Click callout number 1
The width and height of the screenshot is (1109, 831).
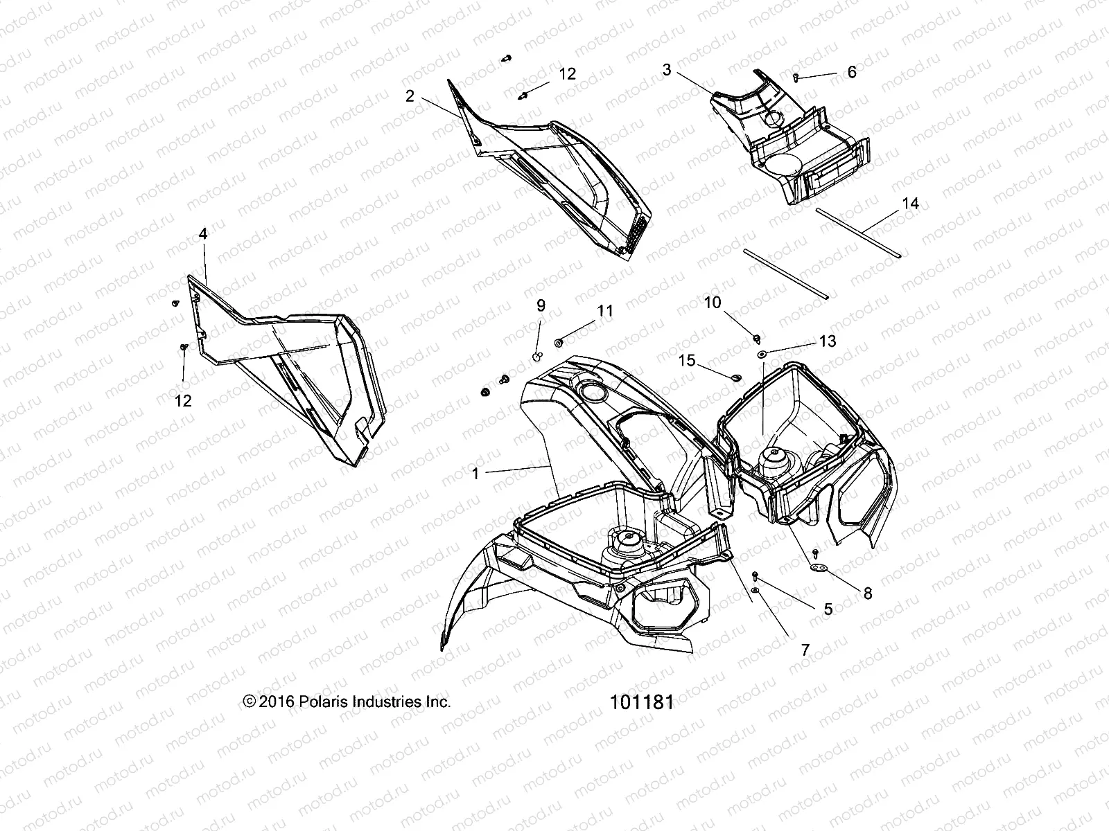pyautogui.click(x=475, y=474)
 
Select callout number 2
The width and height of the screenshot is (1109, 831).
pyautogui.click(x=410, y=96)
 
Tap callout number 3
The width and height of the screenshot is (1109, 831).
pyautogui.click(x=667, y=69)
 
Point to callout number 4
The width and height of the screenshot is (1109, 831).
pyautogui.click(x=202, y=234)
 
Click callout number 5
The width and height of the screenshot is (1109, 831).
pyautogui.click(x=828, y=609)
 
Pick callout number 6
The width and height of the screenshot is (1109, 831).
pyautogui.click(x=852, y=72)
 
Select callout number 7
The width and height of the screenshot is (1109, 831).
pyautogui.click(x=805, y=650)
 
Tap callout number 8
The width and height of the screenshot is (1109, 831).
pyautogui.click(x=867, y=593)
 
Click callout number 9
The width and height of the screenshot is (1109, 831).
pyautogui.click(x=541, y=305)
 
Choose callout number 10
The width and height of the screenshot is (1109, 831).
pyautogui.click(x=713, y=303)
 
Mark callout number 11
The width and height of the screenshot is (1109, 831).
pyautogui.click(x=605, y=312)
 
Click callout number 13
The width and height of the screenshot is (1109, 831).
pyautogui.click(x=827, y=341)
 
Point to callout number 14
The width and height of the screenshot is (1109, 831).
pyautogui.click(x=910, y=204)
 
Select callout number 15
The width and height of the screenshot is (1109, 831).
pyautogui.click(x=686, y=360)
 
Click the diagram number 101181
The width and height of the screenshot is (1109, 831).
pyautogui.click(x=641, y=702)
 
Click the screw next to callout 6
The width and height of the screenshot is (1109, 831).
pyautogui.click(x=796, y=78)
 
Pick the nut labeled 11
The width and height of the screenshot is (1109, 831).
pyautogui.click(x=559, y=341)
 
